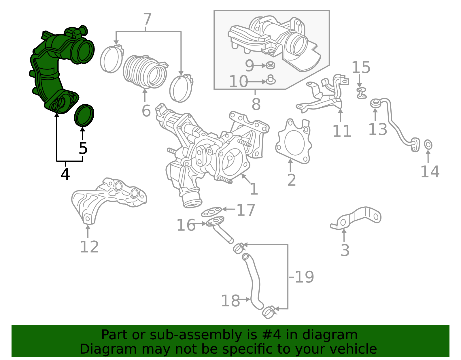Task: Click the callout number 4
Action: (65, 174)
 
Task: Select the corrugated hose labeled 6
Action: (145, 71)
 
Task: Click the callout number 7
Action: (147, 20)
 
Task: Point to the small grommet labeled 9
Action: (270, 65)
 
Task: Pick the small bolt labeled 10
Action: (271, 80)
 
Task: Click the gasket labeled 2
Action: (293, 142)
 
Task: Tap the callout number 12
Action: (89, 247)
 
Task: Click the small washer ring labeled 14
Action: (428, 145)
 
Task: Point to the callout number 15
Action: (361, 67)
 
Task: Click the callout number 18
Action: (230, 301)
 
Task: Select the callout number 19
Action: (304, 277)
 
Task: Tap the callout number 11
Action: (342, 131)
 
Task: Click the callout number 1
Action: (254, 189)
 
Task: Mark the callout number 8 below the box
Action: (256, 104)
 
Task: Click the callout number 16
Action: (186, 225)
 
